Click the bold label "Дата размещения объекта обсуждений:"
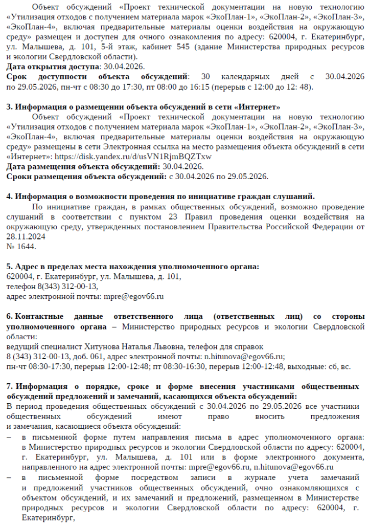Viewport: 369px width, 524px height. click(83, 166)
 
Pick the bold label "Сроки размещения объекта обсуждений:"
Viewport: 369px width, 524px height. click(86, 177)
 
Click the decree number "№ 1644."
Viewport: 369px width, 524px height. click(21, 246)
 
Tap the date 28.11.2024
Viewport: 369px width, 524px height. click(25, 237)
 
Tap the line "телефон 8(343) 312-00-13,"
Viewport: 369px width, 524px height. click(52, 287)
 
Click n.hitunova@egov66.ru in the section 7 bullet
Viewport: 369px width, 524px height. click(294, 467)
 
